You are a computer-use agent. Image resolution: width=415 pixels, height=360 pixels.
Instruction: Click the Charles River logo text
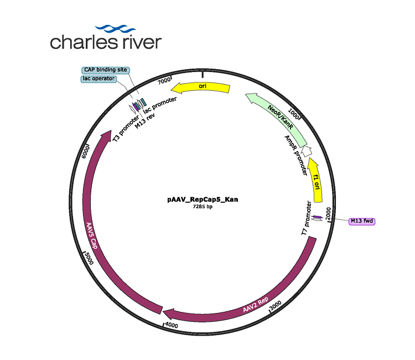pyautogui.click(x=106, y=42)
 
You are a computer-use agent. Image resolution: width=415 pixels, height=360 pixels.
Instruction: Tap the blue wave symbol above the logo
pyautogui.click(x=116, y=28)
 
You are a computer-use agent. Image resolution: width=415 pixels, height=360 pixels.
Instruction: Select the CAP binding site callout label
pyautogui.click(x=106, y=70)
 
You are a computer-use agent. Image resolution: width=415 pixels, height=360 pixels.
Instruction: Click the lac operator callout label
pyautogui.click(x=98, y=79)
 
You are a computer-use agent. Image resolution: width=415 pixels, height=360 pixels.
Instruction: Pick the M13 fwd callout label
pyautogui.click(x=362, y=221)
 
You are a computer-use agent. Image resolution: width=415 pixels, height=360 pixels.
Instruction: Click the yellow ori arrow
pyautogui.click(x=201, y=88)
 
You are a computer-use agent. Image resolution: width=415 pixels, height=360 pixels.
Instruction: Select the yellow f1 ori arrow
pyautogui.click(x=317, y=180)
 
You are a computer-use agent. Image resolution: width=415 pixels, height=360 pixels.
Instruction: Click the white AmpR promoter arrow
pyautogui.click(x=307, y=151)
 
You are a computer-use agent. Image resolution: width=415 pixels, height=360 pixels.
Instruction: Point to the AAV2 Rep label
pyautogui.click(x=256, y=305)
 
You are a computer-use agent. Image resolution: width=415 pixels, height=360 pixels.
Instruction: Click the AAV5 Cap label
pyautogui.click(x=92, y=235)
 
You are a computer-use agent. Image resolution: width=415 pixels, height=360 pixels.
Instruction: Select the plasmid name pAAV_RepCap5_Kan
pyautogui.click(x=203, y=199)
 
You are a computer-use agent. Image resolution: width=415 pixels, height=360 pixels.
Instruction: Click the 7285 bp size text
pyautogui.click(x=203, y=207)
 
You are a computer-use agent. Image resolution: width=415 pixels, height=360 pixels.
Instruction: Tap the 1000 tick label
pyautogui.click(x=293, y=114)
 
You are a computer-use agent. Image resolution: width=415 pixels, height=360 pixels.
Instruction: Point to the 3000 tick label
pyautogui.click(x=276, y=305)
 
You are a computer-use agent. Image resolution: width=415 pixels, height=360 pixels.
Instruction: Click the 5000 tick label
pyautogui.click(x=89, y=258)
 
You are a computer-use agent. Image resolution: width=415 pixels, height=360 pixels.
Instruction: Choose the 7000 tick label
pyautogui.click(x=164, y=80)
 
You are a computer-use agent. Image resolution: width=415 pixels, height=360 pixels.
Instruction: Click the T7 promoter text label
pyautogui.click(x=306, y=218)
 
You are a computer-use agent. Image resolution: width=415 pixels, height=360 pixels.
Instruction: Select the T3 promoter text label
pyautogui.click(x=126, y=128)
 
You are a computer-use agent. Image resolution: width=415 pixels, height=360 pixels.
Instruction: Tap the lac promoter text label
pyautogui.click(x=160, y=105)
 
